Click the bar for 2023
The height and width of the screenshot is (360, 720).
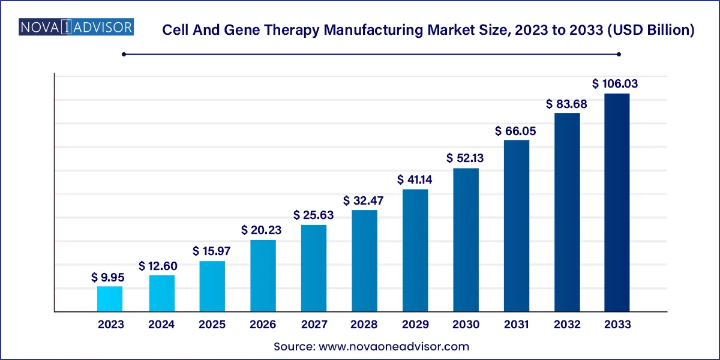coord(110,299)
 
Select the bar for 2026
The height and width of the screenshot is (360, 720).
coord(263,276)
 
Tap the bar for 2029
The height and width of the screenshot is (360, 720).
coord(415,251)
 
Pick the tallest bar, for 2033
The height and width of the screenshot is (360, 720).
coord(617,203)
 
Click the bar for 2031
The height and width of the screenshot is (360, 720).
coord(517,226)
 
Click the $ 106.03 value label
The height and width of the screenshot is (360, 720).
coord(615,84)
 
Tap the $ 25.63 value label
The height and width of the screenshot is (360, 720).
coord(314,215)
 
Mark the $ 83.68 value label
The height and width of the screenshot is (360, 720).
coord(566,104)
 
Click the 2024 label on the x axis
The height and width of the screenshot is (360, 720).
coord(161,325)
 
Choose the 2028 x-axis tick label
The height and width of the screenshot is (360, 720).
coord(365,325)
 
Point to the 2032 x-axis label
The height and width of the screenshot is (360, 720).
coord(567,325)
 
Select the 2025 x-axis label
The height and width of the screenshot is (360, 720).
coord(212,325)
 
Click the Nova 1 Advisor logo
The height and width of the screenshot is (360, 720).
coord(77,27)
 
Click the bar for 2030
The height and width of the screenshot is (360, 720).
coord(466,240)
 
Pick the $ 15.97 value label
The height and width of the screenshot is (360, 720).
coord(212,251)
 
